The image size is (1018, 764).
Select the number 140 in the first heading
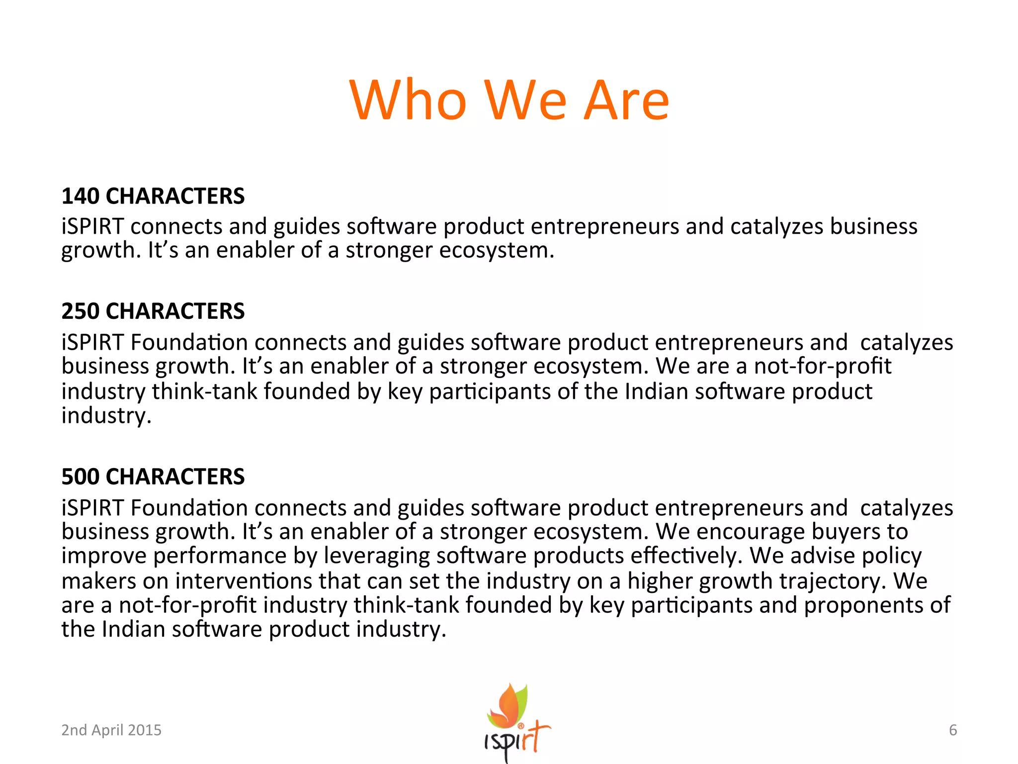point(80,196)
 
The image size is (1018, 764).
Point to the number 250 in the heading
point(80,311)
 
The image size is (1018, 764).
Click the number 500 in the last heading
point(80,477)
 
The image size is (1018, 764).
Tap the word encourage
point(751,532)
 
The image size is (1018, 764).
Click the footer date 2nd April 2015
point(111,730)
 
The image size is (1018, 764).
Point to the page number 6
point(953,730)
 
